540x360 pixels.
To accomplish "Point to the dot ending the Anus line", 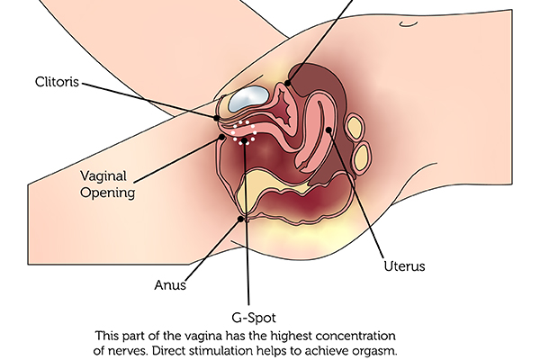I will [x=240, y=219].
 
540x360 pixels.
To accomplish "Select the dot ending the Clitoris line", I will [x=217, y=118].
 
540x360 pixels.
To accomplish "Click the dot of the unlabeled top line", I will [x=288, y=84].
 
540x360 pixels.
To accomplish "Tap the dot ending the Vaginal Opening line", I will [x=221, y=138].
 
